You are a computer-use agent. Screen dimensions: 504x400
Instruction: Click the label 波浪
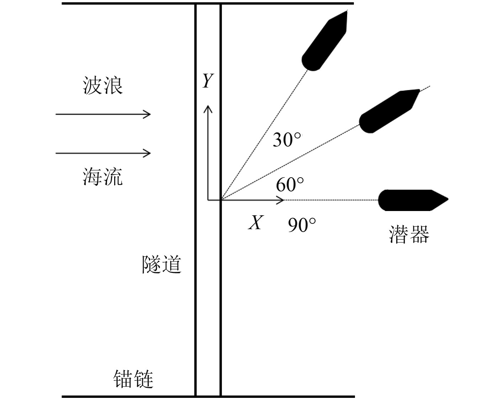click(x=103, y=86)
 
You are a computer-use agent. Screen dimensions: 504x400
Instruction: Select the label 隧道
click(x=162, y=264)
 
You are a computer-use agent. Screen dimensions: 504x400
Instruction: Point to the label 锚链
click(x=133, y=379)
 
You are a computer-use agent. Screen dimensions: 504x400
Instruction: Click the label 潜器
click(x=409, y=234)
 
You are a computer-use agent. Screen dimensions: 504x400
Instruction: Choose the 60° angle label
click(x=290, y=185)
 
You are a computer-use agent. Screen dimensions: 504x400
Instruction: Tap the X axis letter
click(x=255, y=223)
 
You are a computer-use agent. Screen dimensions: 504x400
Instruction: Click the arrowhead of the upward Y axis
click(x=208, y=108)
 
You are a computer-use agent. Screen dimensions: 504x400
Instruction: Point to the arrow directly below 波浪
click(x=103, y=114)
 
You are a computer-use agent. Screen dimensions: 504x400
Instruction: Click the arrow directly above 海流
click(x=103, y=153)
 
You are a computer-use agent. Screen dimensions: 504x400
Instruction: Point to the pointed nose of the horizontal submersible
click(x=446, y=200)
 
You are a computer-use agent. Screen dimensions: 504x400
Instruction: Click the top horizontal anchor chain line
click(x=208, y=4)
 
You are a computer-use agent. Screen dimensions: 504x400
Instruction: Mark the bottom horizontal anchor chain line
click(x=208, y=396)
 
